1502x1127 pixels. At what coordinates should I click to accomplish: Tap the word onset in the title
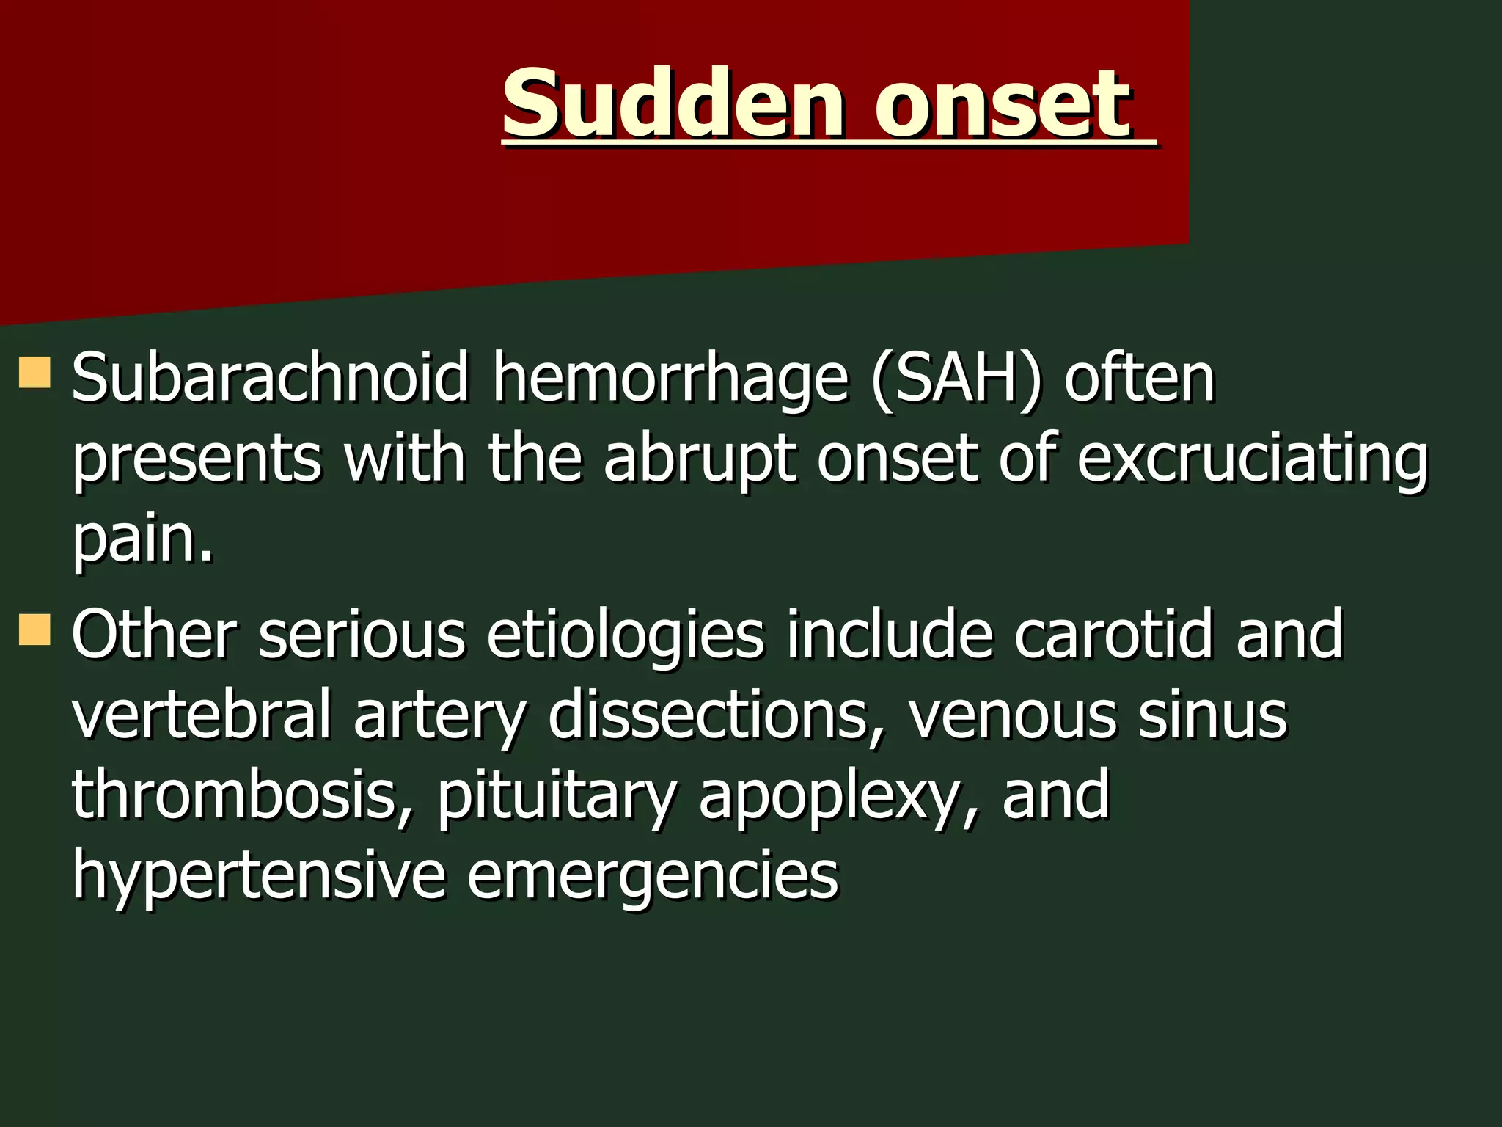tap(1003, 104)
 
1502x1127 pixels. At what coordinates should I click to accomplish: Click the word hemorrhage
tap(670, 380)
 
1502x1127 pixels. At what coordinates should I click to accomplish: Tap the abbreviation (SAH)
tap(956, 379)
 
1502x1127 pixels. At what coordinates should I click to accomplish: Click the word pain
tap(142, 540)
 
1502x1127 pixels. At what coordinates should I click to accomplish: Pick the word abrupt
tap(699, 459)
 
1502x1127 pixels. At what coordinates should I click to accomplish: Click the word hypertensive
tap(258, 877)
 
